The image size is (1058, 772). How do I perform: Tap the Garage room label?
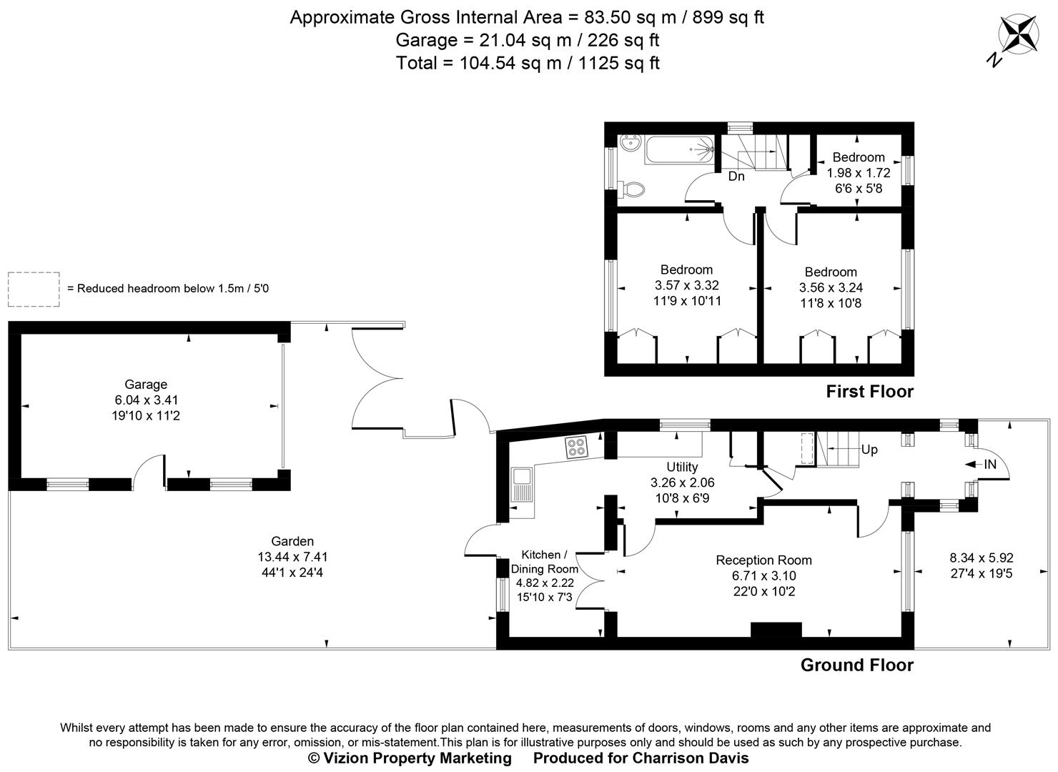[x=146, y=385]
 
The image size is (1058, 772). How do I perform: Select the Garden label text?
[x=292, y=541]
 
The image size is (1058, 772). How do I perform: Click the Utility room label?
[x=681, y=467]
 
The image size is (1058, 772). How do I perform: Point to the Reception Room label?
[x=763, y=560]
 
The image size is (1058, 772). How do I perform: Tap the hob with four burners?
[x=577, y=447]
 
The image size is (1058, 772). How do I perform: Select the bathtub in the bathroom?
[x=679, y=151]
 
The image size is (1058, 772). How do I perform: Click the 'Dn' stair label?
[x=736, y=177]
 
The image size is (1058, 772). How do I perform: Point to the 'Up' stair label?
[x=869, y=450]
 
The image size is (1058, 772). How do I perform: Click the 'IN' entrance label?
[x=990, y=465]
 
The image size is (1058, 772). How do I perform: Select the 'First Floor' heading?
[x=869, y=392]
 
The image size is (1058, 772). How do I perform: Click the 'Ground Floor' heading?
[x=856, y=665]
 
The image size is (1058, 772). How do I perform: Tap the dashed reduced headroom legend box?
[x=34, y=289]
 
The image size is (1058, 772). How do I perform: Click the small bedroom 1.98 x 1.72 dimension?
[x=859, y=173]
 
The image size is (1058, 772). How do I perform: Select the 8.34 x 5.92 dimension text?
[x=981, y=558]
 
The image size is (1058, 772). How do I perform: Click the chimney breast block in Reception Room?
[x=776, y=630]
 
